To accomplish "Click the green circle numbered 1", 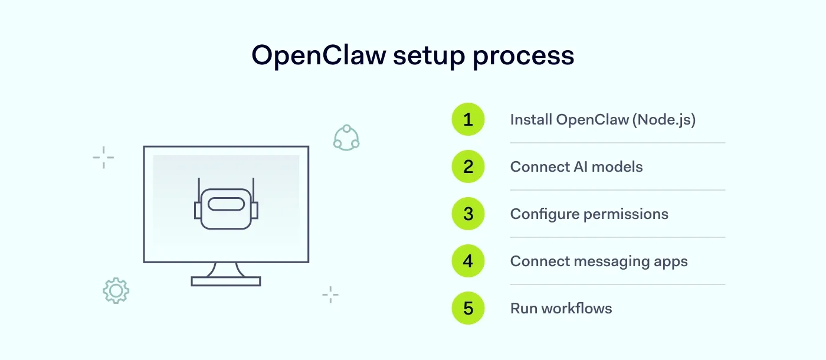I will pyautogui.click(x=468, y=120).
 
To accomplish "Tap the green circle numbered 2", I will pyautogui.click(x=468, y=167).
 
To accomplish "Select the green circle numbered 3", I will pyautogui.click(x=468, y=214).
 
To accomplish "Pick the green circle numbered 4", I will pyautogui.click(x=468, y=261).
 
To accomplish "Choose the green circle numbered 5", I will pyautogui.click(x=468, y=308).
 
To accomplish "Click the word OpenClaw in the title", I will pyautogui.click(x=318, y=56).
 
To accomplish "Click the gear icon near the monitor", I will pyautogui.click(x=116, y=290).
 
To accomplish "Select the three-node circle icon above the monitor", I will pyautogui.click(x=346, y=138).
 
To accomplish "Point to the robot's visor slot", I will pyautogui.click(x=226, y=205).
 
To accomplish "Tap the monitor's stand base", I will pyautogui.click(x=226, y=282).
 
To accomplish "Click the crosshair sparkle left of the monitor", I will pyautogui.click(x=103, y=158).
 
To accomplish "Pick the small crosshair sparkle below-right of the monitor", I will pyautogui.click(x=330, y=294).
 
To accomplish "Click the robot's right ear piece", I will pyautogui.click(x=254, y=210).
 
